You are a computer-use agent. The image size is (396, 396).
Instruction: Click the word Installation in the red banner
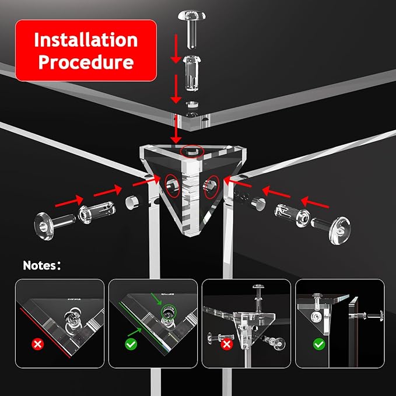(x=86, y=40)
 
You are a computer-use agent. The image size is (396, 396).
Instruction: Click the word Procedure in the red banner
(x=86, y=62)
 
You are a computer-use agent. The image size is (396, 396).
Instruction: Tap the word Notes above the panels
(x=40, y=265)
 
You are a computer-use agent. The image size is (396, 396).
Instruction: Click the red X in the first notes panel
(x=38, y=344)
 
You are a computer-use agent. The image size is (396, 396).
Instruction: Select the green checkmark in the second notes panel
(x=131, y=344)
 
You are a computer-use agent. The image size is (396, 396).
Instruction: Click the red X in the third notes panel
(x=226, y=344)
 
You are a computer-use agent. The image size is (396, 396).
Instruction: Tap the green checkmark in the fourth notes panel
(x=319, y=344)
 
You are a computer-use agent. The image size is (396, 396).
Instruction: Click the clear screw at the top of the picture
(x=192, y=29)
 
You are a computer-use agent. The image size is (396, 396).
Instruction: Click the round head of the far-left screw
(x=44, y=226)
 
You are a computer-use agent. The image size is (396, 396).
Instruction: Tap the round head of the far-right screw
(x=339, y=230)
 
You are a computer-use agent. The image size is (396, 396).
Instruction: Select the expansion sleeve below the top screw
(x=192, y=73)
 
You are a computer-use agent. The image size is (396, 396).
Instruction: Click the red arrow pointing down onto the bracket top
(x=176, y=129)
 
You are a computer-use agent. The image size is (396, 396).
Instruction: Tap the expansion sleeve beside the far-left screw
(x=97, y=212)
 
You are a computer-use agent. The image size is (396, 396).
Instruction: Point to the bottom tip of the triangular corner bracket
(x=191, y=236)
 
